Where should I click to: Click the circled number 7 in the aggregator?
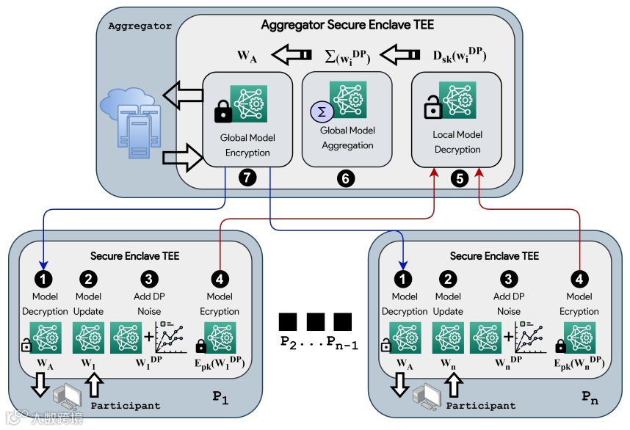[247, 178]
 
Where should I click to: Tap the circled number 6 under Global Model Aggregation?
[346, 178]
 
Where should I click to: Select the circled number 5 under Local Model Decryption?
[460, 178]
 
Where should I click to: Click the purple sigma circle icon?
[322, 112]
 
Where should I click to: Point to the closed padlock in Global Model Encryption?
[223, 112]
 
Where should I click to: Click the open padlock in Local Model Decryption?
[433, 107]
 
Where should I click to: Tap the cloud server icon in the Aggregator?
[131, 123]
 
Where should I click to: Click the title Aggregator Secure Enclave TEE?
[347, 25]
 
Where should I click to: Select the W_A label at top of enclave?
[247, 56]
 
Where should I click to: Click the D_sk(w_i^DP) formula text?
[459, 56]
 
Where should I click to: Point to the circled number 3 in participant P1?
[149, 279]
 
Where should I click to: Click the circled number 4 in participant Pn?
[579, 279]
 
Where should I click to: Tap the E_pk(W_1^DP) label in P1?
[220, 362]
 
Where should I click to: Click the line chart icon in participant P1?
[172, 338]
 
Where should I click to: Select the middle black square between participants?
[316, 322]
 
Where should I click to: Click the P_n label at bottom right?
[590, 398]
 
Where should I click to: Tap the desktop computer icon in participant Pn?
[427, 397]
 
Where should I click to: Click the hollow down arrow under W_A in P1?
[40, 385]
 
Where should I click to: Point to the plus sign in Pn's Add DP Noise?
[508, 336]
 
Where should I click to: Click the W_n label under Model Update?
[448, 364]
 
